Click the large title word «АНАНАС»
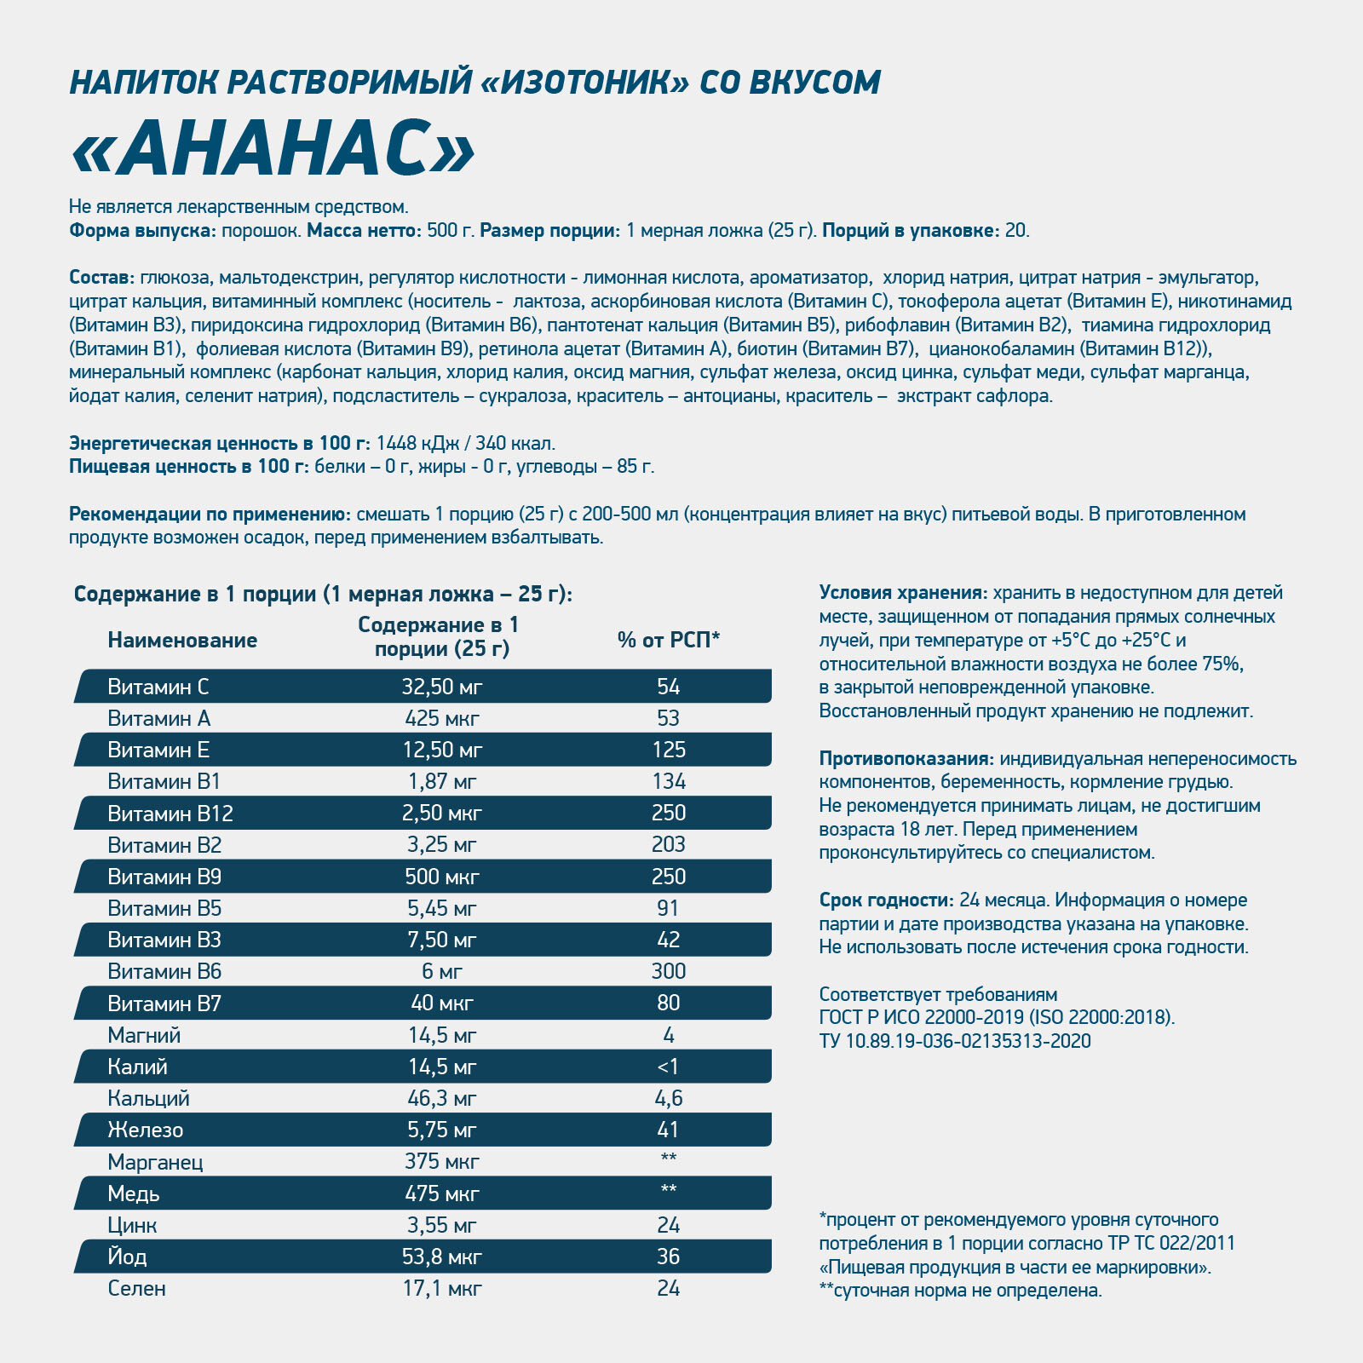(273, 150)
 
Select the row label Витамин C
(158, 687)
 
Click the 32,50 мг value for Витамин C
(442, 687)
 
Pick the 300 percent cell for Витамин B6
(668, 971)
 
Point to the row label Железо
(145, 1130)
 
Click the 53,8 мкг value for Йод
(442, 1257)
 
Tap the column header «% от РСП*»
(668, 640)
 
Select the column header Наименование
(182, 640)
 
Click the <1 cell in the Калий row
(668, 1067)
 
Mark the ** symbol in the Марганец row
(668, 1159)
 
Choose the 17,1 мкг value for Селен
(442, 1288)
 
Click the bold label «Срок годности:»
(886, 900)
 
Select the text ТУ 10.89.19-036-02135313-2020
(955, 1041)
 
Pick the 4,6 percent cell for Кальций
(668, 1098)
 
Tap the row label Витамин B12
(170, 814)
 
